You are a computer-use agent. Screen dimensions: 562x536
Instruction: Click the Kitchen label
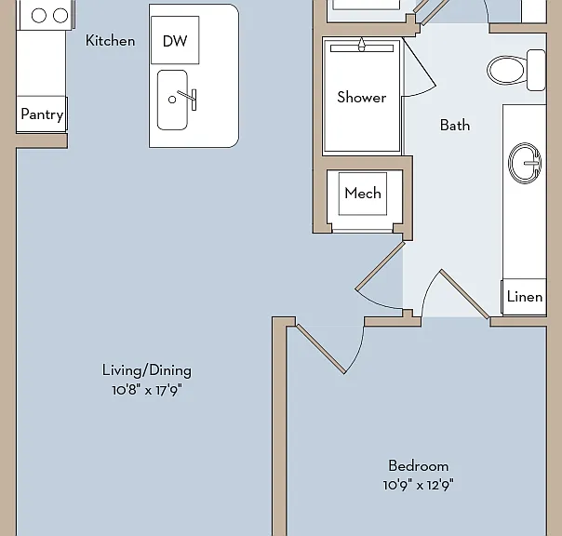point(111,41)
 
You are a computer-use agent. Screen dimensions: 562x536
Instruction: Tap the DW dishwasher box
point(175,40)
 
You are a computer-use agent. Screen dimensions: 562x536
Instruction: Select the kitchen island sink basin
point(172,100)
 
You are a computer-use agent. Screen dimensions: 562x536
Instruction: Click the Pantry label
point(42,114)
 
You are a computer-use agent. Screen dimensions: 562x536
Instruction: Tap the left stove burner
point(39,16)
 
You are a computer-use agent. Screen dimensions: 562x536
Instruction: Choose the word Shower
point(362,97)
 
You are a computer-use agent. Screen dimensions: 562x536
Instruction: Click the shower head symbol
point(362,45)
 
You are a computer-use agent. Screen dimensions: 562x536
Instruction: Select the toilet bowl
point(507,71)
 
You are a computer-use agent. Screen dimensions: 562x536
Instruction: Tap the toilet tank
point(536,71)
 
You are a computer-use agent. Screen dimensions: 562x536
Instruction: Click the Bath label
point(455,125)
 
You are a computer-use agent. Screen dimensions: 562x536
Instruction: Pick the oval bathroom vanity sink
point(525,163)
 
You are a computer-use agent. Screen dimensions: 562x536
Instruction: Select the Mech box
point(363,194)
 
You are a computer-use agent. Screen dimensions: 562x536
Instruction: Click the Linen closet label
point(525,297)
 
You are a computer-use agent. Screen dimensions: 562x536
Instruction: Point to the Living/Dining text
point(147,370)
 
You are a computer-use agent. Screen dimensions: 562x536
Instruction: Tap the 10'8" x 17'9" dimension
point(147,390)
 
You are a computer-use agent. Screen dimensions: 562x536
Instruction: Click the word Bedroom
point(419,466)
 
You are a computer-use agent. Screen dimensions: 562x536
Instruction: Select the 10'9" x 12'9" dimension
point(419,485)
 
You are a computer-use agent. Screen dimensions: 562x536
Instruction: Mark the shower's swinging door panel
point(420,62)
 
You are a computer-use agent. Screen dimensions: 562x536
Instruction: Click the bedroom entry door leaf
point(321,349)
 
